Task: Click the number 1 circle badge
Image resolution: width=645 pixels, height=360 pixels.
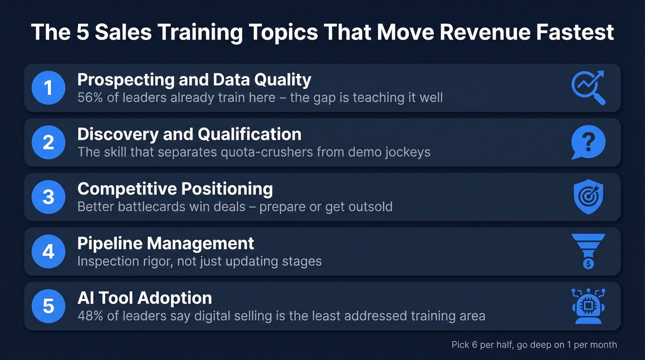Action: pyautogui.click(x=48, y=88)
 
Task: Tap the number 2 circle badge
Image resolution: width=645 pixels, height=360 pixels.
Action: pyautogui.click(x=48, y=142)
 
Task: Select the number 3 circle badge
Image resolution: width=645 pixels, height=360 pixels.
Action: pyautogui.click(x=48, y=197)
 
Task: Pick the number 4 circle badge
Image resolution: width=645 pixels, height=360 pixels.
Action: pyautogui.click(x=48, y=252)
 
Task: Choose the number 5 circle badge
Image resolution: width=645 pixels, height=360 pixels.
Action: pyautogui.click(x=48, y=306)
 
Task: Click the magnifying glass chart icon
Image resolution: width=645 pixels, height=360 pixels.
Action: pyautogui.click(x=588, y=88)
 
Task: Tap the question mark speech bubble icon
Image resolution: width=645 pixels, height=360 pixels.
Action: pyautogui.click(x=588, y=142)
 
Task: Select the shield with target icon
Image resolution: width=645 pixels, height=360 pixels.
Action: pyautogui.click(x=588, y=197)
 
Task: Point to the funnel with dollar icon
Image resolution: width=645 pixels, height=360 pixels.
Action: pyautogui.click(x=588, y=252)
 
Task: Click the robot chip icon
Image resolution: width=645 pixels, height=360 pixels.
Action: pyautogui.click(x=588, y=306)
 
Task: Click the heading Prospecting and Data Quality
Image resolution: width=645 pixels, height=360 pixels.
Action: pyautogui.click(x=194, y=80)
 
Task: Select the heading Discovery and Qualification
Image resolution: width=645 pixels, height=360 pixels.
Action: pyautogui.click(x=189, y=134)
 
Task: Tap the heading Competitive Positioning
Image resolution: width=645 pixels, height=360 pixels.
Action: pyautogui.click(x=175, y=189)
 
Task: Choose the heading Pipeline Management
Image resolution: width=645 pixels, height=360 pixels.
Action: pyautogui.click(x=165, y=243)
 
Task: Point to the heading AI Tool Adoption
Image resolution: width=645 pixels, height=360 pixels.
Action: pyautogui.click(x=145, y=298)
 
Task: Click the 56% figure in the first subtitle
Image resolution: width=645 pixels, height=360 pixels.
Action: pyautogui.click(x=90, y=98)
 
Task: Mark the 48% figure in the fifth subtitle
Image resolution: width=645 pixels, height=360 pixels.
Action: pyautogui.click(x=90, y=316)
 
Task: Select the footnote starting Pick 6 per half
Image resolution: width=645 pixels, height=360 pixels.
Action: pyautogui.click(x=534, y=344)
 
